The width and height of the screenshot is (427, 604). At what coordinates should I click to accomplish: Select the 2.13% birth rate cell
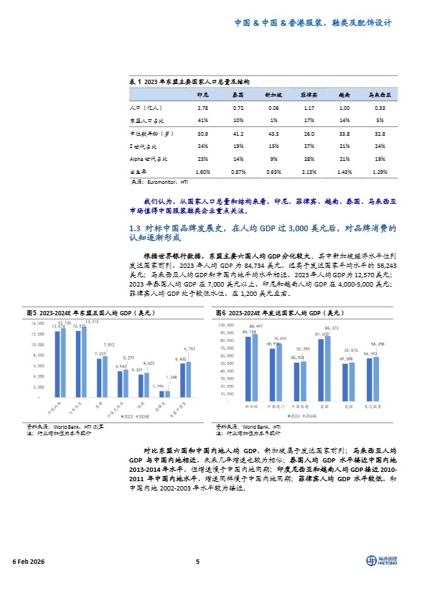[309, 172]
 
